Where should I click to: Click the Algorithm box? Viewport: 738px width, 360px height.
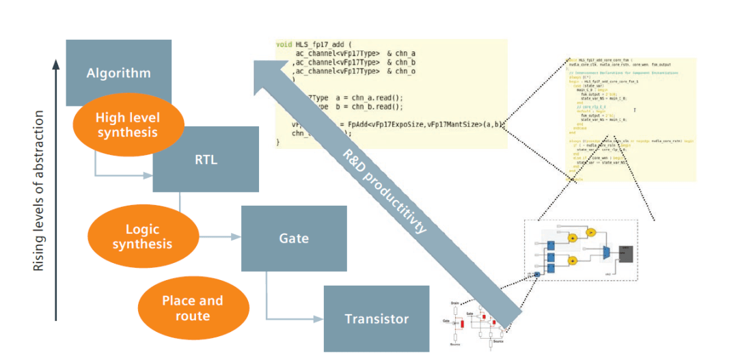[x=118, y=73]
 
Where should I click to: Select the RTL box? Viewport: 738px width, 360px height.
[x=205, y=159]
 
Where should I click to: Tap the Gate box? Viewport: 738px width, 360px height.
[x=294, y=238]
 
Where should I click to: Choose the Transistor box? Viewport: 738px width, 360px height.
[x=377, y=318]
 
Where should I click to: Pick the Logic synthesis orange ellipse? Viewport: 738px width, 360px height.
[x=142, y=236]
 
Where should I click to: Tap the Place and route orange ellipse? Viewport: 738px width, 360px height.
[x=192, y=307]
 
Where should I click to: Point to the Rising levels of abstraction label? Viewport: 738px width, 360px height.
[x=39, y=191]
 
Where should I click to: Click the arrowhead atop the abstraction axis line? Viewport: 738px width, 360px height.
[x=56, y=64]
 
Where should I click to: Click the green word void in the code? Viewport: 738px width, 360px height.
[x=284, y=44]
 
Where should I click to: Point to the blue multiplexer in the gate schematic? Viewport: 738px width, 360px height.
[x=605, y=253]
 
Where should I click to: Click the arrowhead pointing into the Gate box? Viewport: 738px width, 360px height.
[x=238, y=237]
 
